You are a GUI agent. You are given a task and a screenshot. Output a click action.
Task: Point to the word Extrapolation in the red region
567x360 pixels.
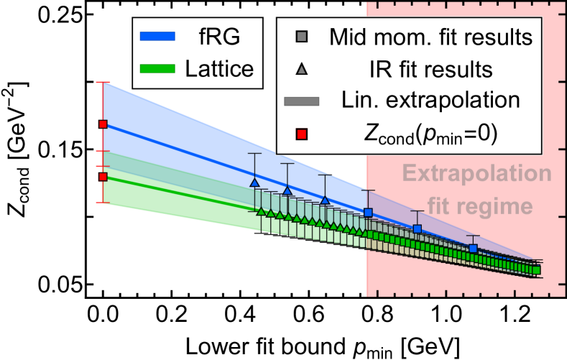point(477,175)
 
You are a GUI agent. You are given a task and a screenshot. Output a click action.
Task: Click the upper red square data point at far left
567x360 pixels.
point(103,124)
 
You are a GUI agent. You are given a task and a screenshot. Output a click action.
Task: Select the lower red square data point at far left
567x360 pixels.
point(103,177)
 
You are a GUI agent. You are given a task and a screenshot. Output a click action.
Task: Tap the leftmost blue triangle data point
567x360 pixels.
point(254,183)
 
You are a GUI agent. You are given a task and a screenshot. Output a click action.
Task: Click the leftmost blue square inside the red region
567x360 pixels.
point(369,213)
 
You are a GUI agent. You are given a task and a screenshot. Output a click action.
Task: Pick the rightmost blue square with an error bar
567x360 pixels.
point(473,249)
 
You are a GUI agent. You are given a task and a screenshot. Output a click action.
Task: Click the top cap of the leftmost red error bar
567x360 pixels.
point(103,83)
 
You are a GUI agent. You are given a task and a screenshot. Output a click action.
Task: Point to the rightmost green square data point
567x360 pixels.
point(536,271)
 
